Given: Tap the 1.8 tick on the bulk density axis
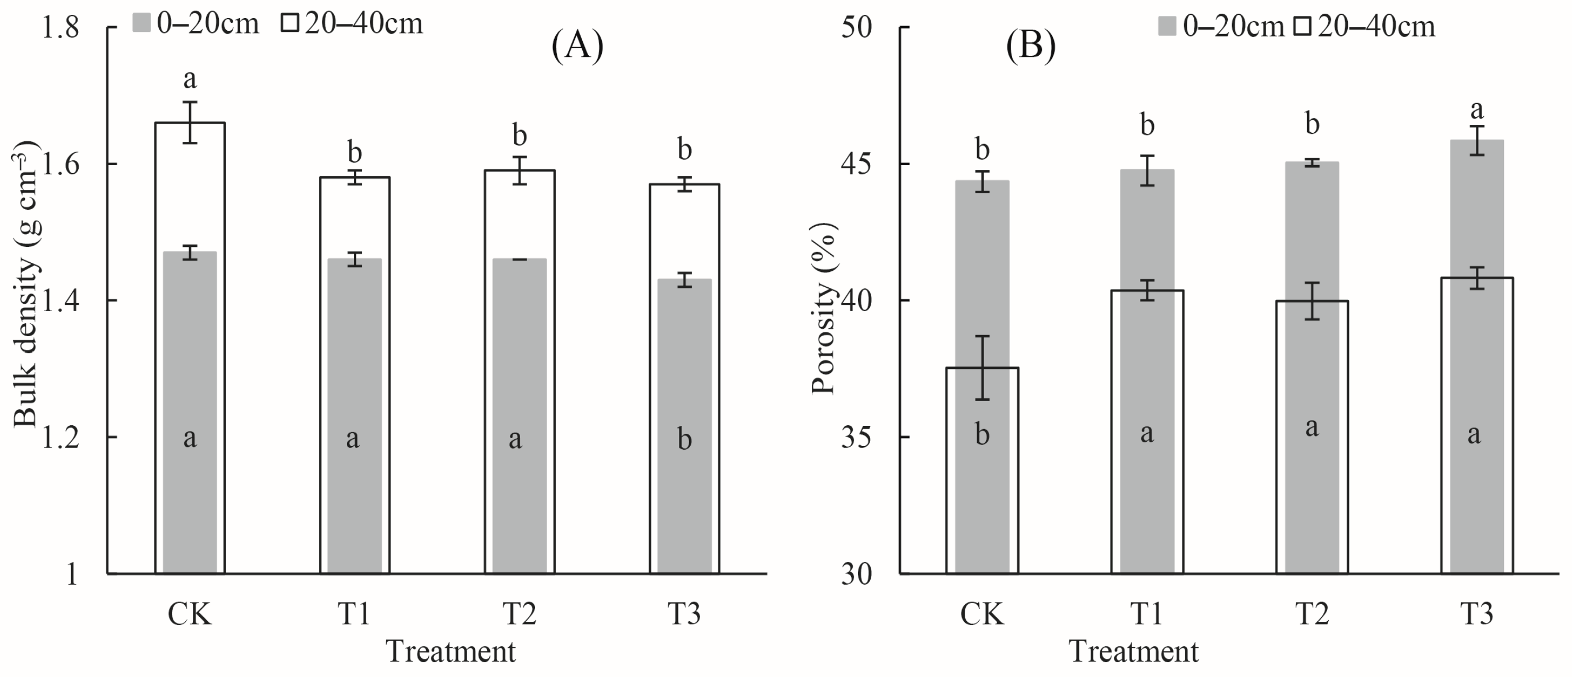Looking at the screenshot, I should click(x=60, y=28).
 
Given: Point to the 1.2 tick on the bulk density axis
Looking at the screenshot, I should click(x=60, y=438).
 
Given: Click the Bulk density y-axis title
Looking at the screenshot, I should click(x=26, y=284).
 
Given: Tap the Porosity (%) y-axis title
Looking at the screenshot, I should click(x=824, y=308).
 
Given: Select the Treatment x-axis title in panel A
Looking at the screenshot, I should click(x=451, y=652).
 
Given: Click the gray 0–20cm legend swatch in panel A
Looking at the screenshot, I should click(x=141, y=24).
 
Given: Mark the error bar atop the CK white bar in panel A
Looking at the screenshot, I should click(x=190, y=123).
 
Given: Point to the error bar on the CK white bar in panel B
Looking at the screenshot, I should click(x=982, y=368).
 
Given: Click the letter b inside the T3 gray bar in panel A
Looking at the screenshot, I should click(x=685, y=439).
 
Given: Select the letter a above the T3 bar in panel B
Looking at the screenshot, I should click(x=1477, y=110).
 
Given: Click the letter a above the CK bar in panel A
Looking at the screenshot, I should click(x=190, y=79).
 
